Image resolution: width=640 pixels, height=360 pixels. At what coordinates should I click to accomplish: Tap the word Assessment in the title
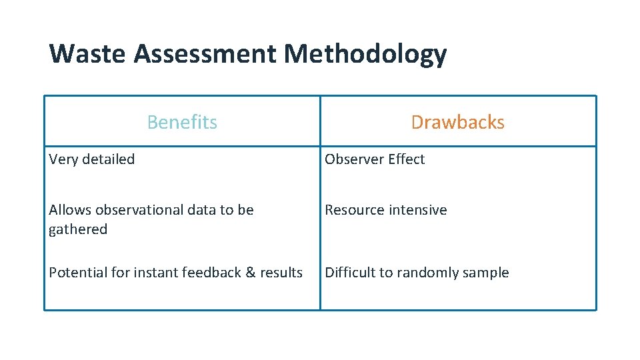(204, 53)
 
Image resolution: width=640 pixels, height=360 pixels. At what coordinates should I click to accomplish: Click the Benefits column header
(182, 122)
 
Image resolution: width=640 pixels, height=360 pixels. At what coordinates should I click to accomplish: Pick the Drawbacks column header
(457, 122)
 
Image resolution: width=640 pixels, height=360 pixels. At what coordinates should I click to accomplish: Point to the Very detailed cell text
(92, 159)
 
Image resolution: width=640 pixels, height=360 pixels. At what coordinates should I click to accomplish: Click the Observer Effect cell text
(375, 159)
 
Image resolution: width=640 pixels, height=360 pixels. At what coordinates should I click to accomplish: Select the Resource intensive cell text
(385, 210)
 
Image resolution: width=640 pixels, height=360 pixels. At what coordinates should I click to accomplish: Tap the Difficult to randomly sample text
(417, 273)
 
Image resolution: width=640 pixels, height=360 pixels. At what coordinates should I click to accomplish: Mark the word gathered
(78, 229)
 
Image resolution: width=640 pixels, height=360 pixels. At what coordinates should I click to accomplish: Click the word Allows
(70, 210)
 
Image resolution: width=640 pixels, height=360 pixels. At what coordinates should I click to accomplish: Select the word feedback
(210, 273)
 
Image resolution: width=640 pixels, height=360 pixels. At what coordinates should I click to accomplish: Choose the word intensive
(417, 210)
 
